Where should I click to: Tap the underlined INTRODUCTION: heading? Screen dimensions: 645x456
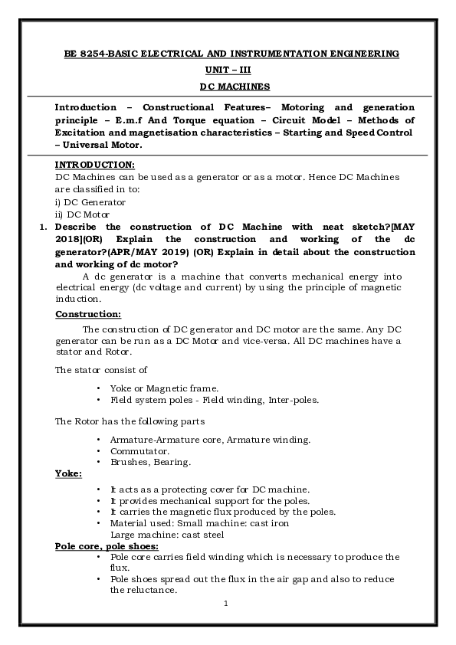(x=95, y=165)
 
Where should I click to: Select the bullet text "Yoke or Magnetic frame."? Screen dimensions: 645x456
(x=164, y=388)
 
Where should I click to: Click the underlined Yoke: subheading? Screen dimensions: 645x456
(x=69, y=474)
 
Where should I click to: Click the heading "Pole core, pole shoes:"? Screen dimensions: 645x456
(x=107, y=546)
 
